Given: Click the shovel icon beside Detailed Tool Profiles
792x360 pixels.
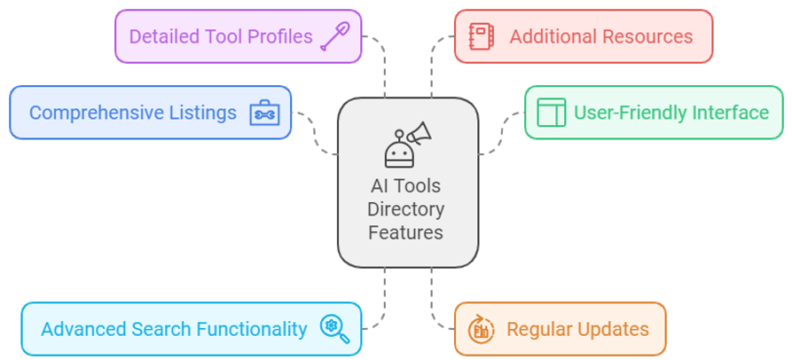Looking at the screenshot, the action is pyautogui.click(x=335, y=36).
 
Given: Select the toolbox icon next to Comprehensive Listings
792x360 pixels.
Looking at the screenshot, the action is pyautogui.click(x=264, y=113).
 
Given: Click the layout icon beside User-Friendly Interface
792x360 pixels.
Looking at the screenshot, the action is pyautogui.click(x=551, y=112).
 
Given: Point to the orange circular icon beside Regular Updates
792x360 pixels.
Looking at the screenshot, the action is pyautogui.click(x=481, y=329).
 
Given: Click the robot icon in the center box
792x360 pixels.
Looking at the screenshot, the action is pyautogui.click(x=399, y=150).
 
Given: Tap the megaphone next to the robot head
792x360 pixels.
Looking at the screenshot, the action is pyautogui.click(x=420, y=133).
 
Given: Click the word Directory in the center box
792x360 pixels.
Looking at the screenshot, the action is pyautogui.click(x=406, y=209).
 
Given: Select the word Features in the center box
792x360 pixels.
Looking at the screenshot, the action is pyautogui.click(x=405, y=233).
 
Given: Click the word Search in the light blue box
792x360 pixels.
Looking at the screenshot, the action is pyautogui.click(x=161, y=329).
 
